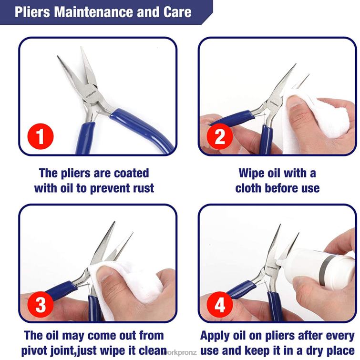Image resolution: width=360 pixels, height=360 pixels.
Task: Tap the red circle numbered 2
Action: (x=220, y=137)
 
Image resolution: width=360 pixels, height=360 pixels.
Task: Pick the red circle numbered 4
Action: (x=220, y=304)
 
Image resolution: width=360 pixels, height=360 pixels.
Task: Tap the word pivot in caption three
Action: (x=40, y=350)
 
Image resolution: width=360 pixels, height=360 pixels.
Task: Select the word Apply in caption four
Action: (x=217, y=335)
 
